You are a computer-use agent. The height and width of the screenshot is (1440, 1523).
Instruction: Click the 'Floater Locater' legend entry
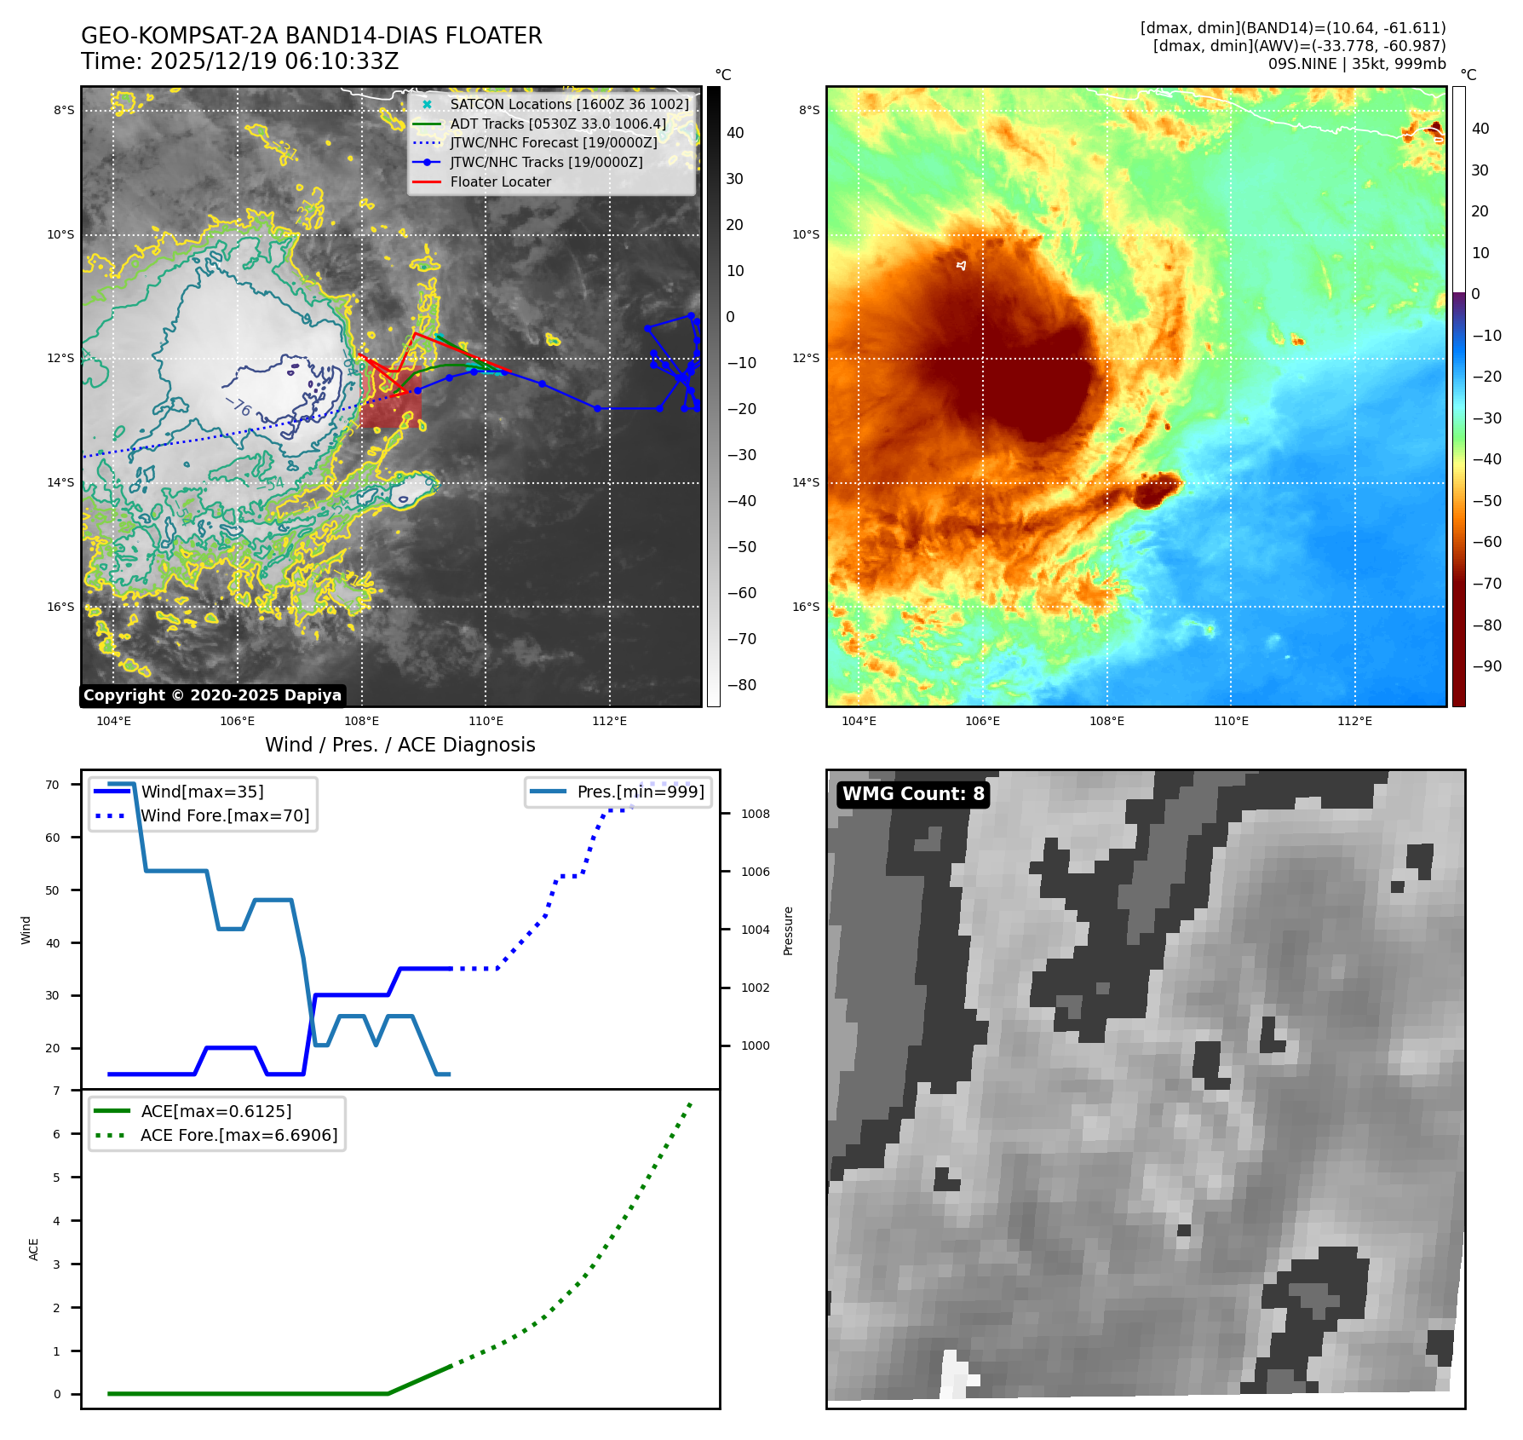pyautogui.click(x=500, y=181)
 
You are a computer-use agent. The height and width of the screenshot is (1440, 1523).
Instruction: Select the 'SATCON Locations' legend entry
pyautogui.click(x=569, y=104)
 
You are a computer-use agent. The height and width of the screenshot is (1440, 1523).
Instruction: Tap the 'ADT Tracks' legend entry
pyautogui.click(x=558, y=124)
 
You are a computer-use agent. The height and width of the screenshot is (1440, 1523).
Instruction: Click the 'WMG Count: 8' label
pyautogui.click(x=912, y=794)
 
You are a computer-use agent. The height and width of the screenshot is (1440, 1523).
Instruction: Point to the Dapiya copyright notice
pyautogui.click(x=212, y=695)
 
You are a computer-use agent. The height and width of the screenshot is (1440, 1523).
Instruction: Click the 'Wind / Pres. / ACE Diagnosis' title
pyautogui.click(x=399, y=745)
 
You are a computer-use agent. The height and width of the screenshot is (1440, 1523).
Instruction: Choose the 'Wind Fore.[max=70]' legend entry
pyautogui.click(x=225, y=815)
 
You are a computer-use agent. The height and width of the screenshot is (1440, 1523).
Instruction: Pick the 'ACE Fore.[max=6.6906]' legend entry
pyautogui.click(x=239, y=1135)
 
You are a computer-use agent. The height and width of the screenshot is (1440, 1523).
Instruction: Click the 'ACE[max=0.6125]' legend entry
pyautogui.click(x=216, y=1111)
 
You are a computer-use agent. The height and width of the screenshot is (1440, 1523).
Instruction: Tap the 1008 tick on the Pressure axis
pyautogui.click(x=755, y=814)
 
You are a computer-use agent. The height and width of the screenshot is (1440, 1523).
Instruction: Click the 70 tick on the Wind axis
pyautogui.click(x=53, y=785)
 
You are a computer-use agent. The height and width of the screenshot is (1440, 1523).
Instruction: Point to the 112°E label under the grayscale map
pyautogui.click(x=609, y=721)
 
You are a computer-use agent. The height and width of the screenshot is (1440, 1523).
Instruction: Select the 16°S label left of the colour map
pyautogui.click(x=806, y=607)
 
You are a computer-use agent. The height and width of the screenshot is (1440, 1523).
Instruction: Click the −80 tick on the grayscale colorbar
pyautogui.click(x=741, y=685)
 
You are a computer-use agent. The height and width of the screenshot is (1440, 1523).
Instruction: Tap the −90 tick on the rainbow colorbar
pyautogui.click(x=1486, y=666)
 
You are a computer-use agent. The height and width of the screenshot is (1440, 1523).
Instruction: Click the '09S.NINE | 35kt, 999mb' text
pyautogui.click(x=1356, y=64)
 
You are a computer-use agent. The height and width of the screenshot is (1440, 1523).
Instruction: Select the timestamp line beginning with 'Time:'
pyautogui.click(x=239, y=61)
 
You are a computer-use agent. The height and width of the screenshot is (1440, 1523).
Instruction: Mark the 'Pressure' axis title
pyautogui.click(x=788, y=930)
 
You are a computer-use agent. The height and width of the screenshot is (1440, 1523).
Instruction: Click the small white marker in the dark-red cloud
pyautogui.click(x=962, y=266)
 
